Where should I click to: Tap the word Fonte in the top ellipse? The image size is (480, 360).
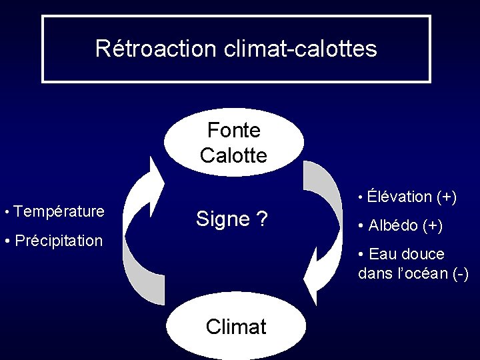(233, 130)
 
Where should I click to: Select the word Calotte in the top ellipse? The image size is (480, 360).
(233, 155)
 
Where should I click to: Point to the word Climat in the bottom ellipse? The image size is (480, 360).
(236, 327)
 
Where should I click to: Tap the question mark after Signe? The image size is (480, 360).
(263, 219)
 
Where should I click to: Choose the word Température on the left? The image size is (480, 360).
(59, 212)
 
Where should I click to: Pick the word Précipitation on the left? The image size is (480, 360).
(59, 240)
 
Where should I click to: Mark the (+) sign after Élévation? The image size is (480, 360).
(447, 197)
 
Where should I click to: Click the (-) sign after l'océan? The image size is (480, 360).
(460, 273)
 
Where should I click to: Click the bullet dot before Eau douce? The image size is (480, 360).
(361, 255)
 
